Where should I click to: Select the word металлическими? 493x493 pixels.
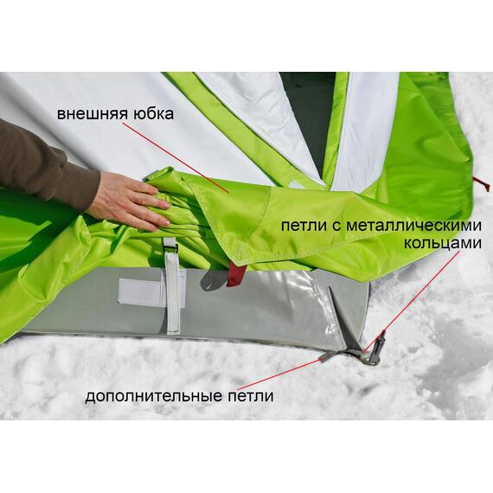click(413, 226)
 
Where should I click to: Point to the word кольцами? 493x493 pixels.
click(443, 243)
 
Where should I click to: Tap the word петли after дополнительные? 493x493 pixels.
click(251, 396)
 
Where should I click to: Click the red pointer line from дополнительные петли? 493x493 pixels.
click(281, 375)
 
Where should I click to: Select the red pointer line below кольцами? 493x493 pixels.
click(412, 301)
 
